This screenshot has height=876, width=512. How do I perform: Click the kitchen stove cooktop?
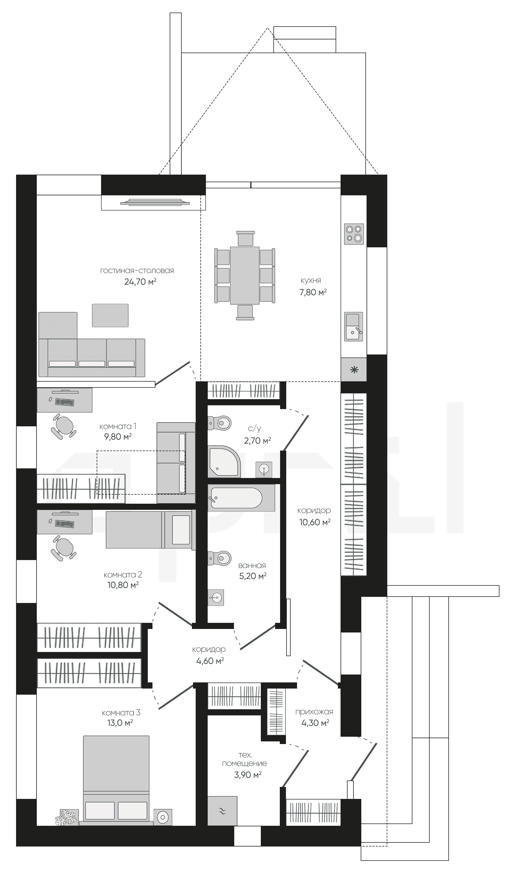pyautogui.click(x=354, y=234)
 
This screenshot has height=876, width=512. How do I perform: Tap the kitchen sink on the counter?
pyautogui.click(x=353, y=326)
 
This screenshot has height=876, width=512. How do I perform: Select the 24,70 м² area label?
pyautogui.click(x=140, y=281)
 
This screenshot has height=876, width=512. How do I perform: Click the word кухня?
pyautogui.click(x=311, y=281)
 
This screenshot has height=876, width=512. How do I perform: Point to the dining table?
pyautogui.click(x=245, y=275)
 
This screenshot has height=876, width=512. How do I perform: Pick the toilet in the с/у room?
pyautogui.click(x=220, y=423)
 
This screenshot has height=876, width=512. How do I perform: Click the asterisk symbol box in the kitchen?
pyautogui.click(x=354, y=369)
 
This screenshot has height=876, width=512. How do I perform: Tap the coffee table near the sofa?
pyautogui.click(x=110, y=315)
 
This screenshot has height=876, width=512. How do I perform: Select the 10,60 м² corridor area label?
pyautogui.click(x=315, y=522)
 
